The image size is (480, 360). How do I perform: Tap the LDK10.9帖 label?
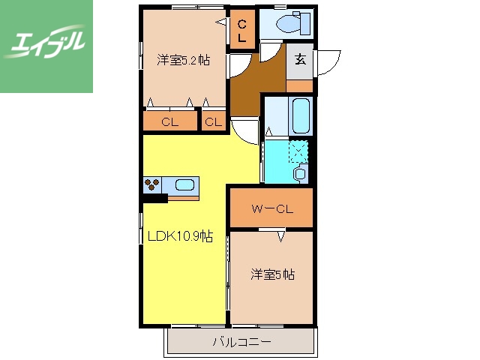pos(181,237)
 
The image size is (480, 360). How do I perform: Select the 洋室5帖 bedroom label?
pos(272,275)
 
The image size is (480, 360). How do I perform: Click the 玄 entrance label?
pos(300,61)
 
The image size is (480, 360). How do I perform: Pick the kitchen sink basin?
pos(184,184)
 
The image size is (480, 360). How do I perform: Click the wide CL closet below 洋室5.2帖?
pos(169,121)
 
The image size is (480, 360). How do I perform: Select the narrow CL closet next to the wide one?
pos(213,121)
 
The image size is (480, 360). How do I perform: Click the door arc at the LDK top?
pos(244,132)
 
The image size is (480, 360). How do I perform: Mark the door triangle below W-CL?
pos(281,237)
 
